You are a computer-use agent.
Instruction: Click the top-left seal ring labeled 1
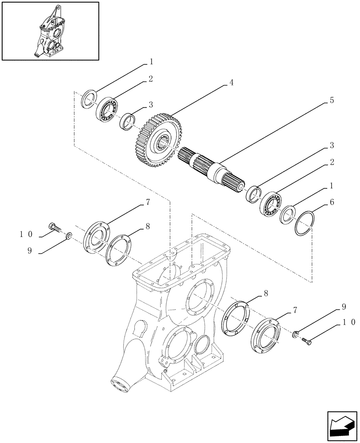89,98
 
